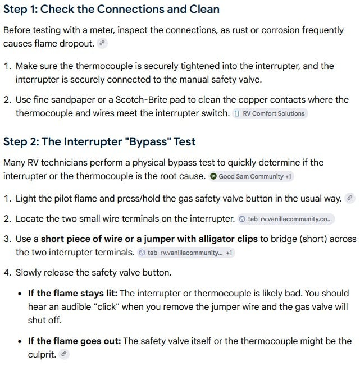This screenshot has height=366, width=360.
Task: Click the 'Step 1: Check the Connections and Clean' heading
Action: click(111, 10)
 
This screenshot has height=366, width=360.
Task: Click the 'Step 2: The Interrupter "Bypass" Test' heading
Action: click(99, 141)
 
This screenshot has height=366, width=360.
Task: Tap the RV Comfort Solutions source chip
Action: click(270, 113)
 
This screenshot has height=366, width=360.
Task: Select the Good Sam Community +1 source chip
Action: click(251, 176)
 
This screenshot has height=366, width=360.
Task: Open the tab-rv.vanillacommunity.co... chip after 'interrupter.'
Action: click(286, 219)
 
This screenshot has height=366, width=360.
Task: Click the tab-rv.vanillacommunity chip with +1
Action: click(186, 253)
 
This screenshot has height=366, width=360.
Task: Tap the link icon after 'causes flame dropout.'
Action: click(102, 43)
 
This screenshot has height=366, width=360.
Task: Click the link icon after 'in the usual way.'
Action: click(350, 198)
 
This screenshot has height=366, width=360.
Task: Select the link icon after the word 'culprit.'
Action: click(63, 354)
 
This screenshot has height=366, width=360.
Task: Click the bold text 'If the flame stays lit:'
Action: click(72, 293)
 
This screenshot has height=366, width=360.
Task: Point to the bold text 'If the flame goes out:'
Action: click(75, 341)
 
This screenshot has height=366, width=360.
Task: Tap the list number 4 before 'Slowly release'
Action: click(7, 273)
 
